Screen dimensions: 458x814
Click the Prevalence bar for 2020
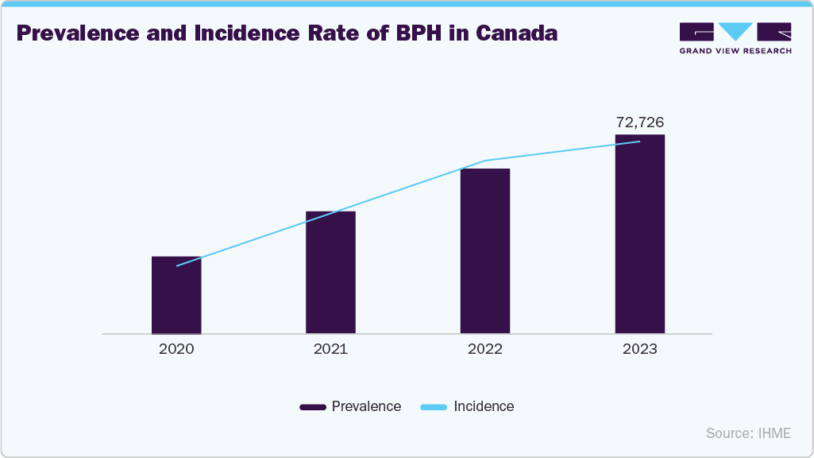[x=176, y=295]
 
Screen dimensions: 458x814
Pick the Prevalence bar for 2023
[x=639, y=235]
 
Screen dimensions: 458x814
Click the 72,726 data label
[x=640, y=122]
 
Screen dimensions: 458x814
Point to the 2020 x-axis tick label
[x=176, y=349]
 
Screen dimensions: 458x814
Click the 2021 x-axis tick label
[x=330, y=349]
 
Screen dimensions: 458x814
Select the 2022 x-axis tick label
[x=485, y=349]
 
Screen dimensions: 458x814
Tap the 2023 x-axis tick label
[x=639, y=349]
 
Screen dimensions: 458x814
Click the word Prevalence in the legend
[x=366, y=406]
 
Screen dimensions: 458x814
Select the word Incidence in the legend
[x=484, y=406]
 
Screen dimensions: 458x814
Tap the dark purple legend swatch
[x=313, y=407]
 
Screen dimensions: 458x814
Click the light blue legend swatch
[x=434, y=407]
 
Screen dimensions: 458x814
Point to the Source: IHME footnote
[x=748, y=433]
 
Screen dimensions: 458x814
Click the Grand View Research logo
[x=735, y=37]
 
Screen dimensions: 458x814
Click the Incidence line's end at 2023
[x=639, y=142]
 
